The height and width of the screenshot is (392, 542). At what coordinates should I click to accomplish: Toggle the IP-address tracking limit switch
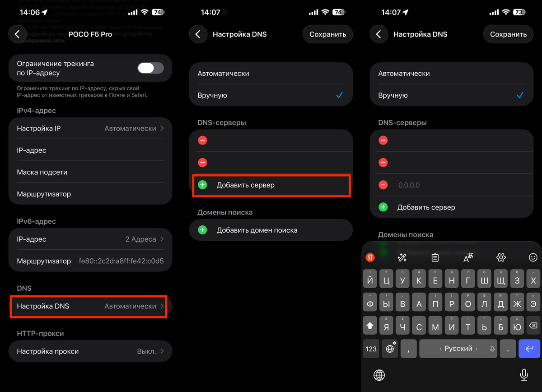(x=150, y=68)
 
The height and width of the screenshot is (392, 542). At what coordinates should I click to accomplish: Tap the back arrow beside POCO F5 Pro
(x=18, y=34)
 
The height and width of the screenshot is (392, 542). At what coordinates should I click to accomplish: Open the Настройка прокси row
(x=90, y=351)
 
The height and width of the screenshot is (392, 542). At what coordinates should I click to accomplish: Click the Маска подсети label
(x=42, y=172)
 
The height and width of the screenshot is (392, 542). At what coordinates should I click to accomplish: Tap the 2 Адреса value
(x=141, y=239)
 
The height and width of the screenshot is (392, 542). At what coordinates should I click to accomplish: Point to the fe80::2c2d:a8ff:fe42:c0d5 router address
(x=121, y=261)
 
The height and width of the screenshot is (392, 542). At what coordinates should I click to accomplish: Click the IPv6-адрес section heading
(x=36, y=222)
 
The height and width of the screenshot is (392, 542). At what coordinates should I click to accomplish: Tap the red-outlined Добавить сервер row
(x=271, y=185)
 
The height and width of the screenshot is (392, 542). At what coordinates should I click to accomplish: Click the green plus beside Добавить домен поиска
(x=203, y=230)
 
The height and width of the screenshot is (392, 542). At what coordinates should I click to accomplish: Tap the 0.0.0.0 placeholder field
(x=409, y=185)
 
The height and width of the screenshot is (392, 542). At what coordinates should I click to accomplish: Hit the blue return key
(x=529, y=349)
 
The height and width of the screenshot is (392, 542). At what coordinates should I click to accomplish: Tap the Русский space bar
(x=458, y=349)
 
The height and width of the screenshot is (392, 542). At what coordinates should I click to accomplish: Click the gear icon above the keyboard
(x=501, y=257)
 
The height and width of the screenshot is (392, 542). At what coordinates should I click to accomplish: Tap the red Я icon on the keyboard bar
(x=370, y=257)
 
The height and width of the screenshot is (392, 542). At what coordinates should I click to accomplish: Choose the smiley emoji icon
(x=533, y=257)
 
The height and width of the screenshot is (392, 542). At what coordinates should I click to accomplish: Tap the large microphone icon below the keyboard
(x=524, y=374)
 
